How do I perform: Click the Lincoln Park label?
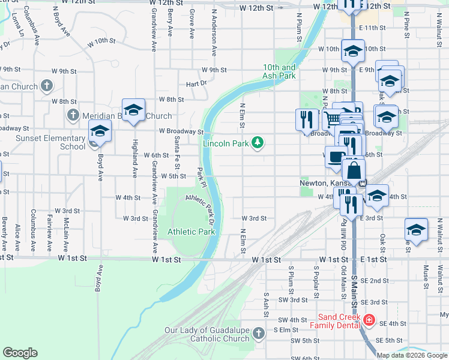(225, 143)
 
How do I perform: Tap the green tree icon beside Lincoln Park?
(258, 142)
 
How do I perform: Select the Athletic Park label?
(191, 231)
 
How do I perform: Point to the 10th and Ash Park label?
(279, 72)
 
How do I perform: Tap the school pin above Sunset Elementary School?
(100, 131)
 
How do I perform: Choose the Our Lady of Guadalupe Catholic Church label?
(207, 334)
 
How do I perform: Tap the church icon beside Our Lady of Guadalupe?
(258, 332)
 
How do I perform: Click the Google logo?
(20, 353)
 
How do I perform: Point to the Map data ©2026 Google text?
(412, 355)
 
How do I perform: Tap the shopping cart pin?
(332, 119)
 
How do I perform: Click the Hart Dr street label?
(196, 83)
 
